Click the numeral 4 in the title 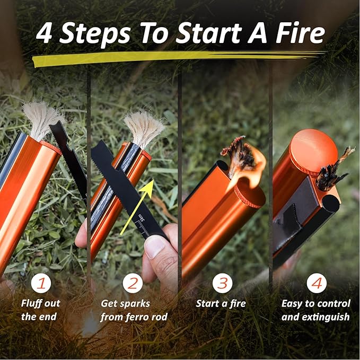43,33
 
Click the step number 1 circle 41,283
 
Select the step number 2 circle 133,283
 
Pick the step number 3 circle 222,283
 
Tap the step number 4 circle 317,283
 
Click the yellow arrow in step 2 137,207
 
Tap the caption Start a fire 221,303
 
